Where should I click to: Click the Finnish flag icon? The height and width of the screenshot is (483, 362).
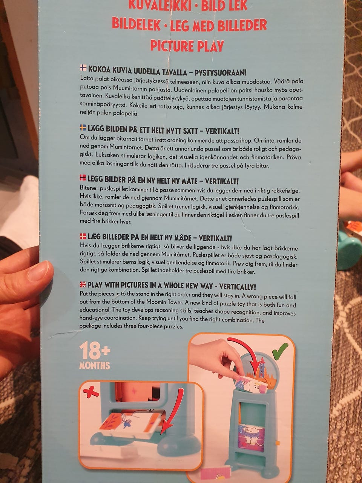click(83, 68)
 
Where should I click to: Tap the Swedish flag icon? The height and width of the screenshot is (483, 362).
click(83, 128)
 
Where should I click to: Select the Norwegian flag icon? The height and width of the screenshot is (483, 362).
click(83, 178)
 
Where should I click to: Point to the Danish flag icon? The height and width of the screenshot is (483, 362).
click(83, 236)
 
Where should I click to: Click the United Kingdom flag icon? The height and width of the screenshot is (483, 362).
click(83, 285)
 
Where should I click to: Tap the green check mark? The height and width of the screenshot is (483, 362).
click(280, 351)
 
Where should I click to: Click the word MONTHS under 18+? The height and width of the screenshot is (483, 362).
click(95, 366)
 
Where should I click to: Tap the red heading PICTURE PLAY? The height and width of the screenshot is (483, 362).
click(187, 46)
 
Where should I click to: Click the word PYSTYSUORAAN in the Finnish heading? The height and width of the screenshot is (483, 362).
click(221, 72)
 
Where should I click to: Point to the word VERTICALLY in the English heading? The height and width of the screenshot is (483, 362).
click(238, 287)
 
